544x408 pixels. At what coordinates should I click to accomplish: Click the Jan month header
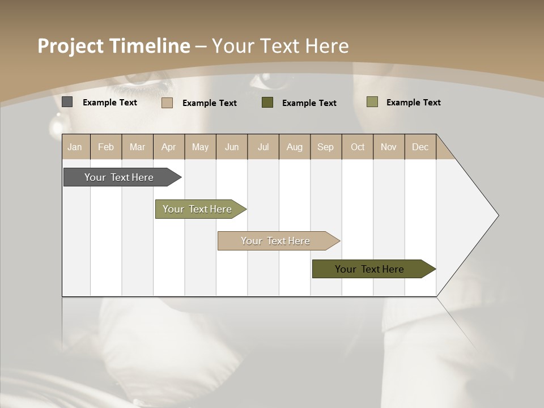pos(75,147)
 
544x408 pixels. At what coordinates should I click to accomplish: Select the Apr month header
pos(168,147)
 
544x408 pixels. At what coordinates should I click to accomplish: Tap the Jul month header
pos(263,147)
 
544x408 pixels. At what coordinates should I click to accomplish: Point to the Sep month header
pos(325,147)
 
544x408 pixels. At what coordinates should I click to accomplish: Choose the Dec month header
pos(420,147)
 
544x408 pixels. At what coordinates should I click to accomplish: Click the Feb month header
pos(106,147)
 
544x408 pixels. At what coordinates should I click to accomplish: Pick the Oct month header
pos(358,147)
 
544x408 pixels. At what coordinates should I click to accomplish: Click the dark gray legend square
pos(67,102)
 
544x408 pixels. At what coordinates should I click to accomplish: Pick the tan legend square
pos(167,103)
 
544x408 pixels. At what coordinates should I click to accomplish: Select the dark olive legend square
pos(267,103)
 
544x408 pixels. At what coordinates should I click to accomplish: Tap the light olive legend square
pos(372,102)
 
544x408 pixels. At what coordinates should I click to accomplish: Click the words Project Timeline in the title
pos(114,46)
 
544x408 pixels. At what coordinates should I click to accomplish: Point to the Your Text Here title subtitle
pos(280,46)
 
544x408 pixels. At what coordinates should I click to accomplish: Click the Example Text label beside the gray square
pos(110,103)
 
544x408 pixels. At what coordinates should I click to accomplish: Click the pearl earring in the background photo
pos(57,122)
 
